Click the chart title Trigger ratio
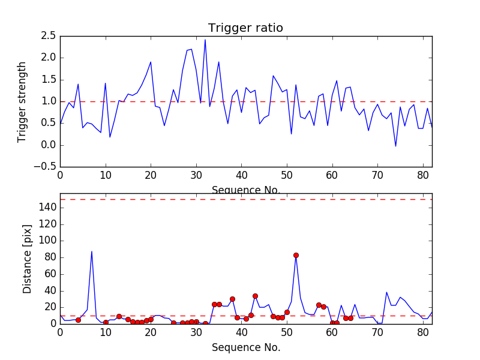[245, 28]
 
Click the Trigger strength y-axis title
[22, 101]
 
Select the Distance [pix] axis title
[28, 258]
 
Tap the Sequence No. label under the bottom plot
[245, 347]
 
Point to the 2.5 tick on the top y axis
[49, 36]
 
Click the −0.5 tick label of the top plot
[46, 167]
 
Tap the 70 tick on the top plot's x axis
[377, 176]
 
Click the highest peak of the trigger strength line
[205, 40]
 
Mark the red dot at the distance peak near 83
[296, 255]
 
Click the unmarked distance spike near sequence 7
[92, 251]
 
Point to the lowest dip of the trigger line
[395, 146]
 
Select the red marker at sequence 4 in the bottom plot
[78, 320]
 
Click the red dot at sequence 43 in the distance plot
[255, 296]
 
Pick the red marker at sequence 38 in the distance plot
[232, 299]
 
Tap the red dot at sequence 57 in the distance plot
[319, 305]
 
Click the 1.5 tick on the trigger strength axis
[49, 80]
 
